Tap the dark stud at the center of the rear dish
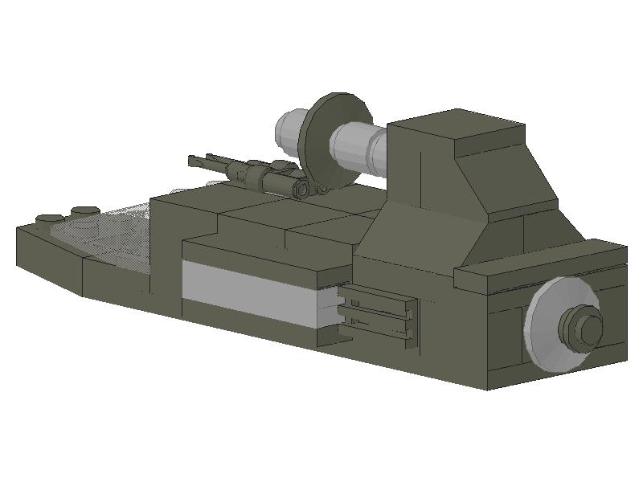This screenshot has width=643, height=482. pos(582,325)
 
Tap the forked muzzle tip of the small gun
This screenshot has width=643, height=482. pos(194,161)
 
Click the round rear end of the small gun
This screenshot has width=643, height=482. pos(301,189)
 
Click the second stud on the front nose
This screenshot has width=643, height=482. pos(85,211)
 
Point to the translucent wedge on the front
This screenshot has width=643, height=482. pos(104,233)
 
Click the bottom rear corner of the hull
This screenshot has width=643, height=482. pos(489,388)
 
